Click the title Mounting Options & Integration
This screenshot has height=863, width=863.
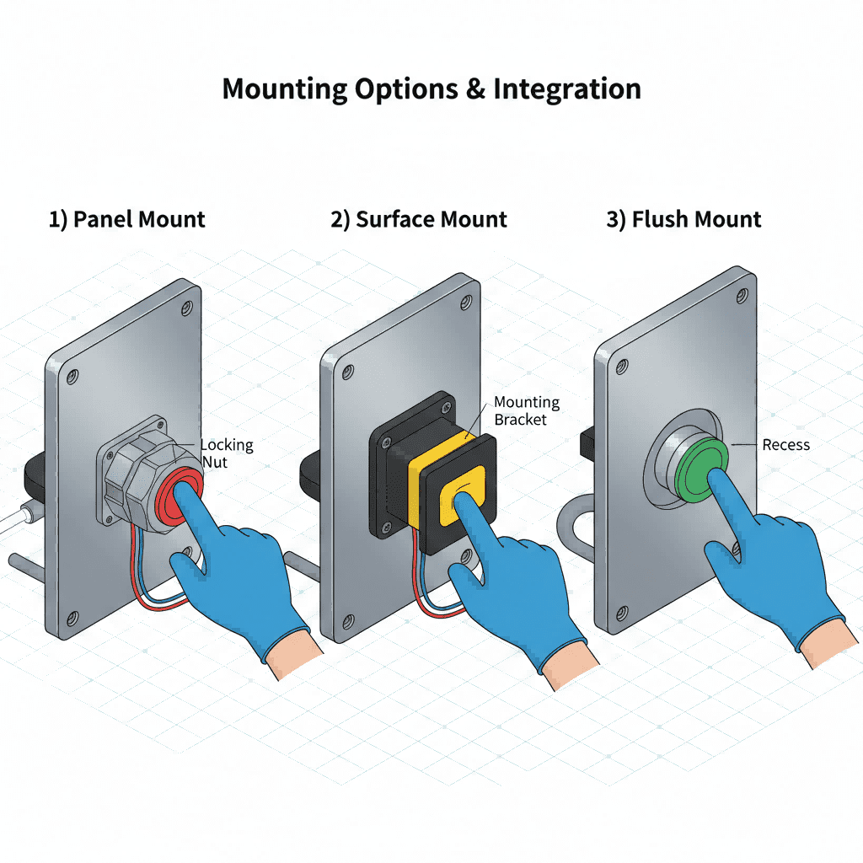tap(431, 89)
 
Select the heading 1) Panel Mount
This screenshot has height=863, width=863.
tap(126, 220)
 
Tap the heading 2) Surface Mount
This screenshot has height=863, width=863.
tap(419, 220)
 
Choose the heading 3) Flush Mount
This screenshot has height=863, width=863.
tap(683, 220)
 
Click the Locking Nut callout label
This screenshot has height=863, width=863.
tap(227, 453)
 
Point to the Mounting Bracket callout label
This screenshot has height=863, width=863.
tap(526, 411)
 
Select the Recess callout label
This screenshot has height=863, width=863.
tap(785, 444)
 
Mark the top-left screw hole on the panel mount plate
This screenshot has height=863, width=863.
tap(72, 373)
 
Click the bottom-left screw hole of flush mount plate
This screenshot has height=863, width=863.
tap(623, 612)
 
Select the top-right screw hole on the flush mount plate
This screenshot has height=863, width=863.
tap(741, 294)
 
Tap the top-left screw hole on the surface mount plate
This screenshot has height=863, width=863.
tap(346, 371)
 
